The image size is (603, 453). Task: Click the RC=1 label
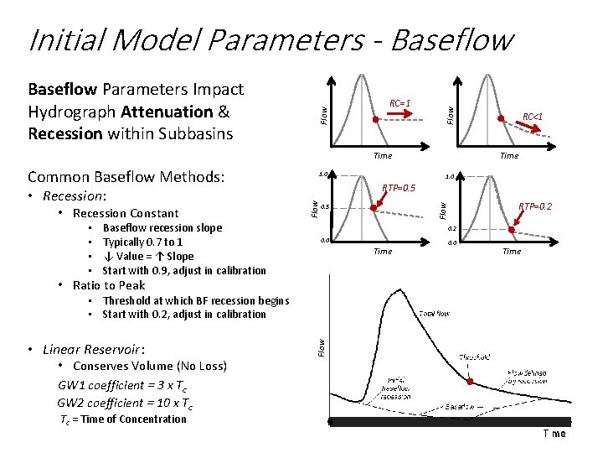(x=399, y=104)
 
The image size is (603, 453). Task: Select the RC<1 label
(x=533, y=117)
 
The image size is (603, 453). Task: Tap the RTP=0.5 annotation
(x=399, y=188)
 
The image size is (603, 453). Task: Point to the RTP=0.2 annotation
(x=534, y=206)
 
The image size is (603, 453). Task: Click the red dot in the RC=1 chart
(x=375, y=120)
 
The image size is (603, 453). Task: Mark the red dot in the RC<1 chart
(x=502, y=119)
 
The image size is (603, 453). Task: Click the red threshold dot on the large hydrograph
(x=470, y=382)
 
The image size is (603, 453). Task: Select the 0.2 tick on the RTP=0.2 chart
(x=451, y=228)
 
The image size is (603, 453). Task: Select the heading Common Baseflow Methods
(x=126, y=177)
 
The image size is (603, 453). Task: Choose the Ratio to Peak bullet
(x=109, y=285)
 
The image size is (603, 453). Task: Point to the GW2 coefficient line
(x=126, y=404)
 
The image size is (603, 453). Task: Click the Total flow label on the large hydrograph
(x=435, y=313)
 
